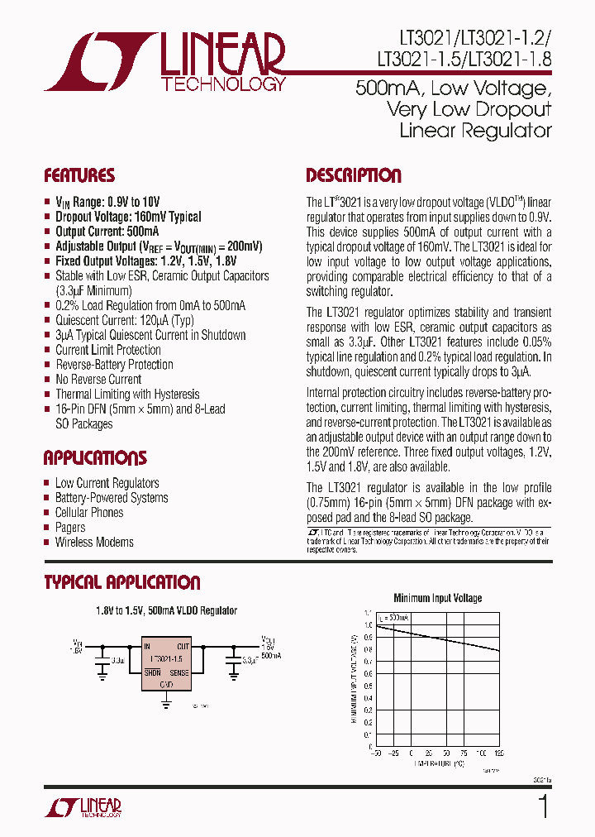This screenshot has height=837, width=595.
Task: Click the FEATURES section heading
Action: (79, 175)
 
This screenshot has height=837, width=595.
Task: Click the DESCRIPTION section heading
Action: (354, 175)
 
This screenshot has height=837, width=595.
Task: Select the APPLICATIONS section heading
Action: (95, 458)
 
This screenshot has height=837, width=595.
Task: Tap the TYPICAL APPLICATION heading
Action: (121, 582)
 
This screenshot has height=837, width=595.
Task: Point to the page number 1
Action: (543, 806)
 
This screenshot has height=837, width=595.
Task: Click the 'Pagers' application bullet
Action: (70, 528)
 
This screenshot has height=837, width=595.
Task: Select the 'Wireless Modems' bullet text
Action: (94, 543)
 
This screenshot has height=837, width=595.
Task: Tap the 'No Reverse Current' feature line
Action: (98, 380)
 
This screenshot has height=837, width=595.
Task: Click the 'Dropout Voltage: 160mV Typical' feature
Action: (128, 217)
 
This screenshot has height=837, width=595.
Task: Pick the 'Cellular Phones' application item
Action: (89, 513)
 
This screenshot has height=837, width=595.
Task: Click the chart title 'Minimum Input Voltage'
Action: (438, 598)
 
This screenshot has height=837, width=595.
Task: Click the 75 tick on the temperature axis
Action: (464, 754)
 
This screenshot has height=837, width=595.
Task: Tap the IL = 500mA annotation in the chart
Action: (393, 618)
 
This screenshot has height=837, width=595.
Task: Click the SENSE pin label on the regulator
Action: (179, 673)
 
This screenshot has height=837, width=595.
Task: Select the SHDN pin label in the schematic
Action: (151, 673)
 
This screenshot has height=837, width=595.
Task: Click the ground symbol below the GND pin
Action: (166, 704)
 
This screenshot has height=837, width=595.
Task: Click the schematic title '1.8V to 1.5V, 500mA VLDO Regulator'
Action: (167, 610)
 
